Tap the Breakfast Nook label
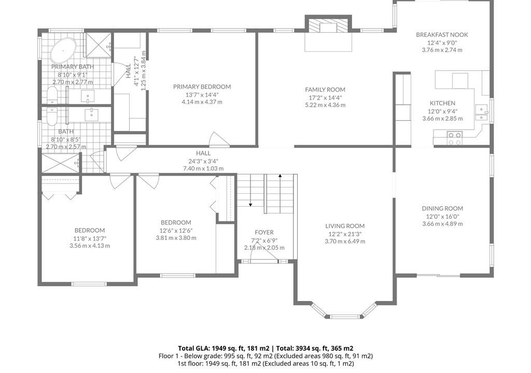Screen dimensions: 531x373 (x=442, y=35)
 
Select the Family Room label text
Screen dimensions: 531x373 (x=325, y=90)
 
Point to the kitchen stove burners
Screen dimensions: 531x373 (x=454, y=138)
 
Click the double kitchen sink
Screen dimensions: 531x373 (x=481, y=113)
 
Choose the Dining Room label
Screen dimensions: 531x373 (x=442, y=208)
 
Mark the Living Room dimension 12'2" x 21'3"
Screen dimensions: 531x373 (x=345, y=234)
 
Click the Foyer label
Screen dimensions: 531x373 (x=264, y=232)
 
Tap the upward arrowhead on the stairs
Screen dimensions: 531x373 (x=280, y=176)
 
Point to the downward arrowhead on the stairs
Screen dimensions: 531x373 (x=250, y=204)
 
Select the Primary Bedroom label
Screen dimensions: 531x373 (x=202, y=87)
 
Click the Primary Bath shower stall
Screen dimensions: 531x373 (x=98, y=46)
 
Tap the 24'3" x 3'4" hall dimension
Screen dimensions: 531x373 (x=203, y=161)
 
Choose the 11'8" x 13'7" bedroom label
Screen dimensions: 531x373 (x=90, y=238)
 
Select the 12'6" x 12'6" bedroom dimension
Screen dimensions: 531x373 (x=176, y=231)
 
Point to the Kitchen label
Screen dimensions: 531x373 (x=442, y=103)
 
